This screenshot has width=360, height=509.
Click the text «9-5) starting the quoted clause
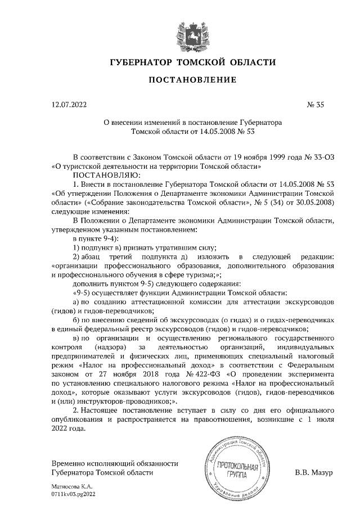tap(83, 294)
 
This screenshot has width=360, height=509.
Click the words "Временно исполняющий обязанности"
tap(114, 463)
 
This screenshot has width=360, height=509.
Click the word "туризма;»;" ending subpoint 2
tap(202, 276)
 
